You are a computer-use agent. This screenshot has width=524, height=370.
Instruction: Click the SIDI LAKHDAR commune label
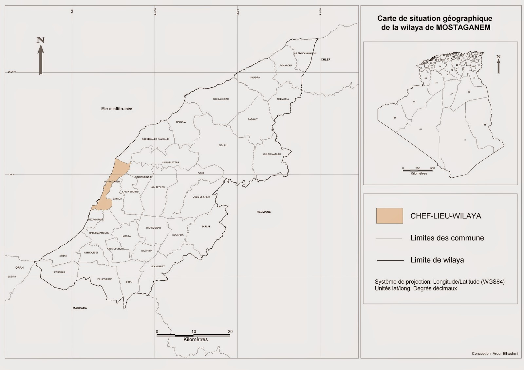(x=221, y=99)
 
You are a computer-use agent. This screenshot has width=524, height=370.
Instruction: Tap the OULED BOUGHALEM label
(x=304, y=53)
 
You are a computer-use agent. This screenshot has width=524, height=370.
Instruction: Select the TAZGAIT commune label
(x=253, y=119)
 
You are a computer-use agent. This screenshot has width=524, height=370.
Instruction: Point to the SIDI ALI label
(x=223, y=145)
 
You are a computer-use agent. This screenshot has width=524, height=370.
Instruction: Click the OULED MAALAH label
(x=272, y=154)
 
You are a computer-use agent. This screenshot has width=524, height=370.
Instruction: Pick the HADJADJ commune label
(x=181, y=122)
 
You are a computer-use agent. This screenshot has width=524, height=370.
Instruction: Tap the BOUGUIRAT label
(x=158, y=267)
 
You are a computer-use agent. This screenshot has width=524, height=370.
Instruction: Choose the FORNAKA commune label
(x=60, y=272)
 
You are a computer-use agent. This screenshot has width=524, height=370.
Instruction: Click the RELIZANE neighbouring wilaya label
(x=264, y=212)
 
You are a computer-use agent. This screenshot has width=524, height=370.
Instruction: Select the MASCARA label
(x=80, y=308)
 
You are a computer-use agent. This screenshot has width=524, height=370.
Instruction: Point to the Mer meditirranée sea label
(x=117, y=109)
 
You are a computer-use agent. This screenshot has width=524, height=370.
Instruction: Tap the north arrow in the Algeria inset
(x=498, y=64)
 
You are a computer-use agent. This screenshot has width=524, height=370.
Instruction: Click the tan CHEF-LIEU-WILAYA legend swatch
(x=389, y=216)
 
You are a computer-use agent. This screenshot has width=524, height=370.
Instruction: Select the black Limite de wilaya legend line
(x=390, y=260)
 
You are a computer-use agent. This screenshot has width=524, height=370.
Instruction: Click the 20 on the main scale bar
(x=230, y=331)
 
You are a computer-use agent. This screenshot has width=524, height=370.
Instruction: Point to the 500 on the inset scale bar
(x=432, y=168)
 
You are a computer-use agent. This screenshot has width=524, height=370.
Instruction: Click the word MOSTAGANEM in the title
(x=463, y=27)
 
